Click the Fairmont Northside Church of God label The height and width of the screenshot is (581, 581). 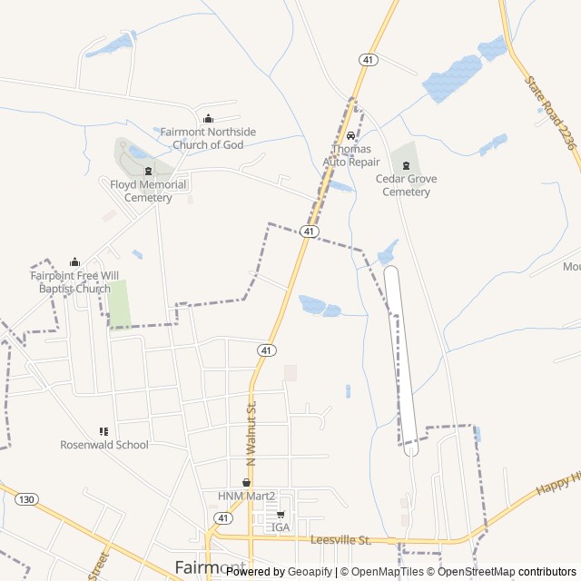pos(208,138)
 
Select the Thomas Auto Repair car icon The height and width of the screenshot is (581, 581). pos(350,135)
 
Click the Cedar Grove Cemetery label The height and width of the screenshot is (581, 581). pos(406,185)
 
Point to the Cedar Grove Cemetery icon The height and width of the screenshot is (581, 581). pos(406,164)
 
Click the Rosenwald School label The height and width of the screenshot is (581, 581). pos(104,445)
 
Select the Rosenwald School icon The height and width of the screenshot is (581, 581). pos(103,431)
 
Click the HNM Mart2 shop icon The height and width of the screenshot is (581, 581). pos(245,483)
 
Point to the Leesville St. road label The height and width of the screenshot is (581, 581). pos(340,540)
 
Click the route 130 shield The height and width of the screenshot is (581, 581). pos(27,499)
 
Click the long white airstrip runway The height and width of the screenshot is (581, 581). pos(400,354)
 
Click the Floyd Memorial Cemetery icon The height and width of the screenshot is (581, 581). pos(149,171)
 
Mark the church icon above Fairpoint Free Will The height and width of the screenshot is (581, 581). pos(74,262)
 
